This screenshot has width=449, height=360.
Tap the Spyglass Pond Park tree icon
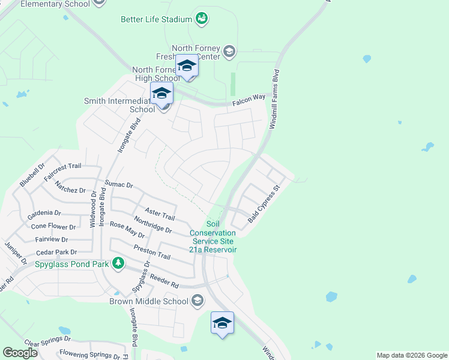click(119, 263)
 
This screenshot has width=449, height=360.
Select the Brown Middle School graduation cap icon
click(197, 301)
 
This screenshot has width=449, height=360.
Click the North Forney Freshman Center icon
click(229, 52)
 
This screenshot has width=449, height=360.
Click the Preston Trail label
click(152, 252)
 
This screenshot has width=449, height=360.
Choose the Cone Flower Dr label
click(53, 226)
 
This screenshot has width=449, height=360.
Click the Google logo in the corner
click(20, 353)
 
